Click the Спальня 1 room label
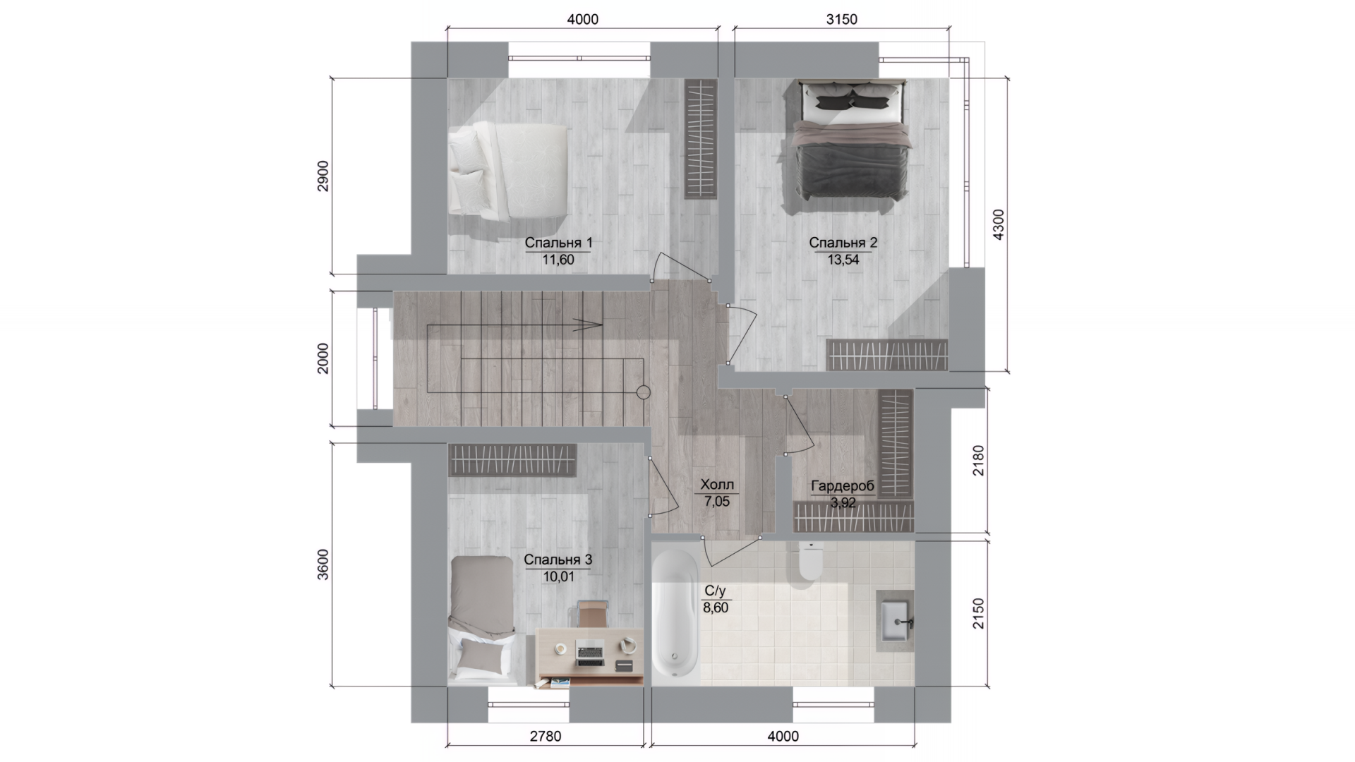pyautogui.click(x=558, y=243)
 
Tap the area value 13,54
pyautogui.click(x=843, y=260)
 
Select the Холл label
pyautogui.click(x=717, y=485)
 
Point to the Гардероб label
pyautogui.click(x=843, y=486)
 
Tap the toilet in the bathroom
pyautogui.click(x=810, y=563)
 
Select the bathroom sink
pyautogui.click(x=895, y=621)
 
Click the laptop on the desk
pyautogui.click(x=589, y=652)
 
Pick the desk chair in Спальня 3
pyautogui.click(x=592, y=613)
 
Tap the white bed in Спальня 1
pyautogui.click(x=508, y=169)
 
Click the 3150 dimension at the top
pyautogui.click(x=841, y=20)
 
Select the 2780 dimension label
pyautogui.click(x=546, y=737)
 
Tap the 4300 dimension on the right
pyautogui.click(x=998, y=225)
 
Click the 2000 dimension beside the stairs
pyautogui.click(x=323, y=358)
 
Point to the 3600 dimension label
pyautogui.click(x=323, y=564)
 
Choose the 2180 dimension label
pyautogui.click(x=977, y=460)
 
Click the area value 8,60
pyautogui.click(x=716, y=607)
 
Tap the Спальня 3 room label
pyautogui.click(x=558, y=560)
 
